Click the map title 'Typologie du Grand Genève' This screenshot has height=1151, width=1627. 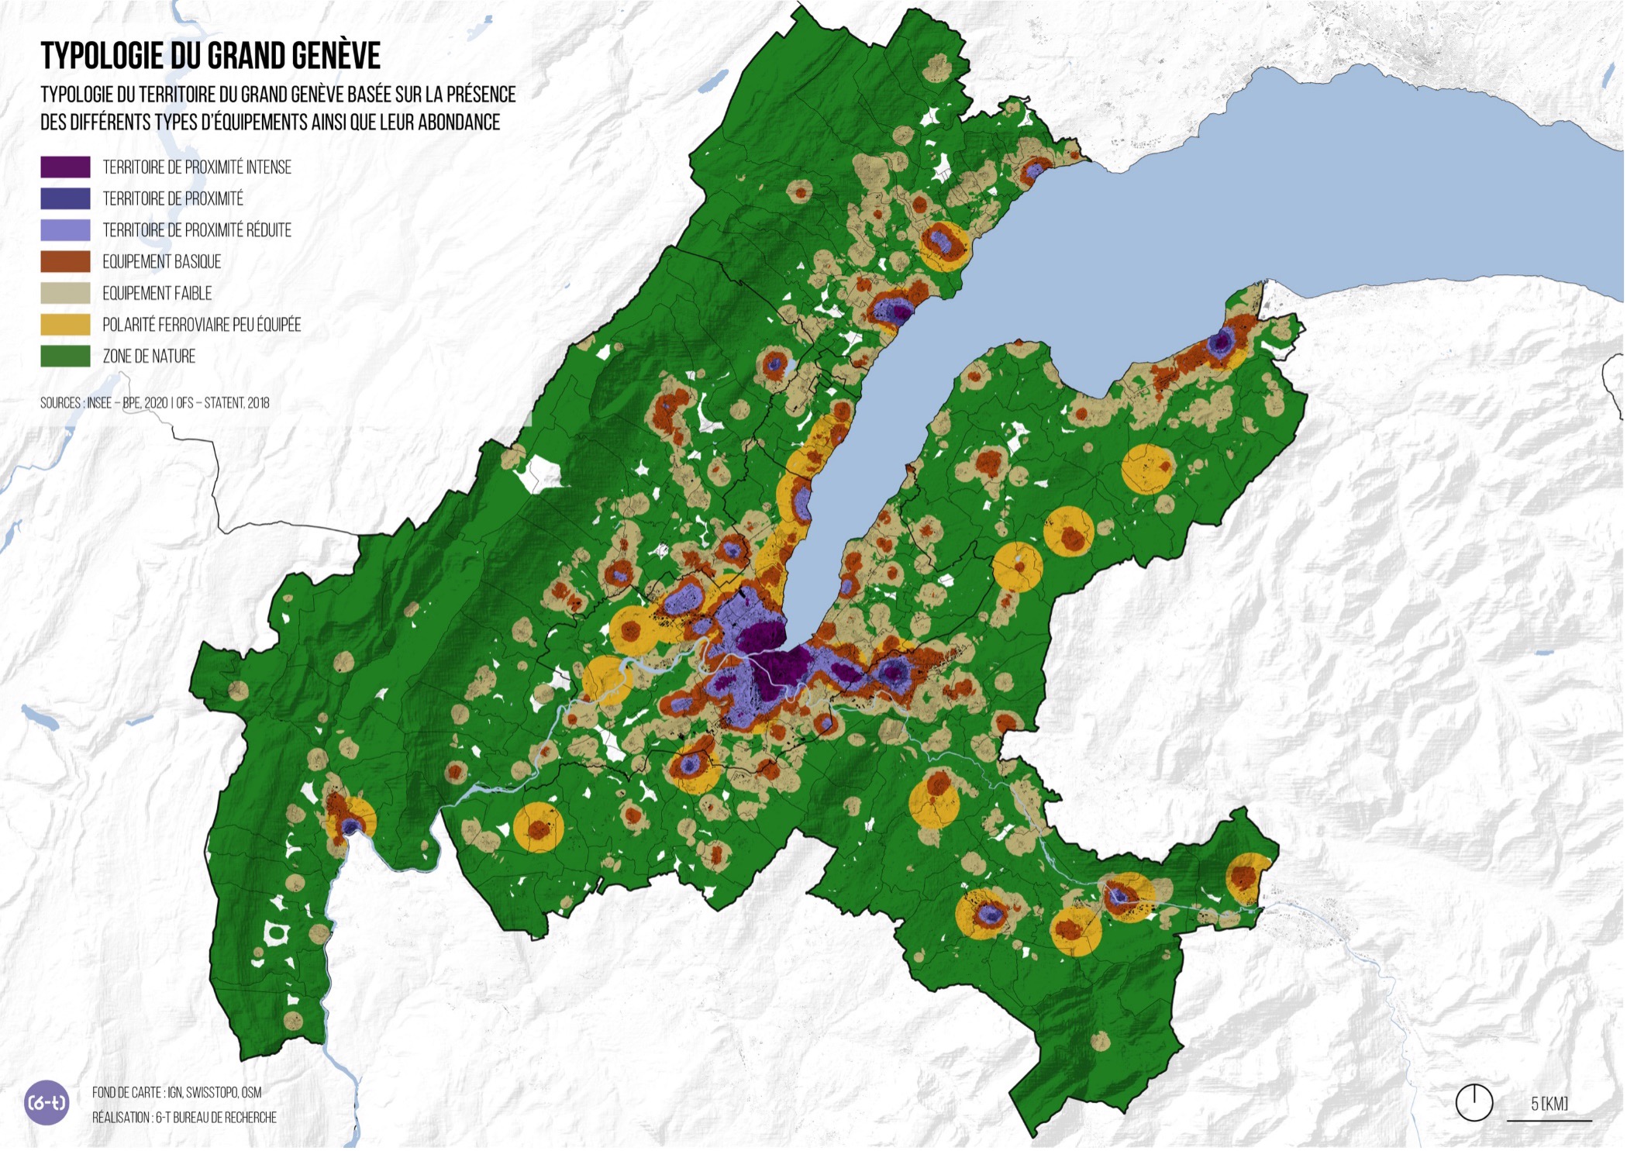click(210, 56)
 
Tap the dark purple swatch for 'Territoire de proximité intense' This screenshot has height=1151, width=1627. click(65, 167)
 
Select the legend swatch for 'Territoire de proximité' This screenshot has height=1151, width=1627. click(65, 198)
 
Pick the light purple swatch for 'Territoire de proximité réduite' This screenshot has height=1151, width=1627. click(65, 230)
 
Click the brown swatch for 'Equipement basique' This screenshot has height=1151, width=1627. click(65, 261)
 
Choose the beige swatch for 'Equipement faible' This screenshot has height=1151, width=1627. click(65, 293)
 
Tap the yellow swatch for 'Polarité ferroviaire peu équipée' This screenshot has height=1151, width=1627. click(65, 325)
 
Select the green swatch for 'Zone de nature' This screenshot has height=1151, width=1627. click(65, 356)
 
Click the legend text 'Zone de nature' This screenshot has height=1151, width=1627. click(149, 357)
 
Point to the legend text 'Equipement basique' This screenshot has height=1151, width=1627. click(161, 262)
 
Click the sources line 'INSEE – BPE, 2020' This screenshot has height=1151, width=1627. click(129, 403)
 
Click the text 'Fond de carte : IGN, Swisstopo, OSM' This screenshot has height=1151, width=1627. click(177, 1092)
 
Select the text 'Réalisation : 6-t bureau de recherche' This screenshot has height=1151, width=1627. click(184, 1117)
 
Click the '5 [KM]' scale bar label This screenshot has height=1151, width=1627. click(1549, 1104)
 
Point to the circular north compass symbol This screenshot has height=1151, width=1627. click(1474, 1102)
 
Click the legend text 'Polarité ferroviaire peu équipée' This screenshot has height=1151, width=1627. click(202, 325)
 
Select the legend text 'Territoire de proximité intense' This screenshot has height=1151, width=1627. click(197, 167)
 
